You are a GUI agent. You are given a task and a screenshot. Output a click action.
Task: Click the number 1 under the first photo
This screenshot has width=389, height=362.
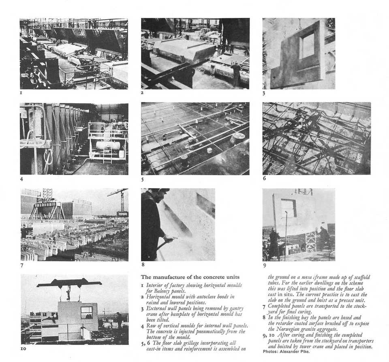pos(21,93)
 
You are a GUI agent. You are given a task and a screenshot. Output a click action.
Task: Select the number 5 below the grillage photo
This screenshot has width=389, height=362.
pos(143,179)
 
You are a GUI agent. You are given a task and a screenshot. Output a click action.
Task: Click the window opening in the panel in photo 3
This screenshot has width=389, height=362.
pos(307,45)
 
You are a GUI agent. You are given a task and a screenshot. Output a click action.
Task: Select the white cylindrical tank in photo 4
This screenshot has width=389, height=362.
pos(108,145)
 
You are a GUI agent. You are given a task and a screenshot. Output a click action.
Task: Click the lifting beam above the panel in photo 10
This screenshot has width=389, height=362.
pos(69,283)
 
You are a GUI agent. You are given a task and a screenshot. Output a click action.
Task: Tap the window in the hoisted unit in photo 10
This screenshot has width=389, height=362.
pos(86,312)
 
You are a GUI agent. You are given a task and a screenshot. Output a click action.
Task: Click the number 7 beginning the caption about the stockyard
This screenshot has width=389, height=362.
pos(264,307)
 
